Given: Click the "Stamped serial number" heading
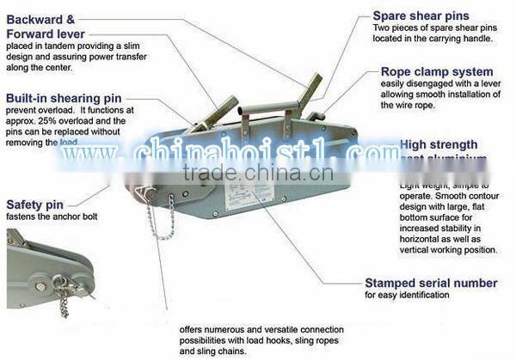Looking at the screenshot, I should point(431,283).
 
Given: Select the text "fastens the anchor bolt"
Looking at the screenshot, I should point(52,217).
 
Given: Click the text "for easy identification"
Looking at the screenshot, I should point(406,295).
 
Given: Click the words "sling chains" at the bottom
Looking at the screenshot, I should point(229,351).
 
